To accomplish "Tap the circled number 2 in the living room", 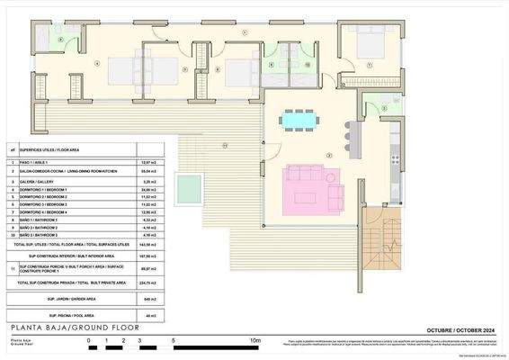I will tap(330, 155).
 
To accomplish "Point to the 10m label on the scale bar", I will tap(255, 341).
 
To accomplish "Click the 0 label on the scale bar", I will tap(88, 341).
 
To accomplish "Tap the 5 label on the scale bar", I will tap(173, 341).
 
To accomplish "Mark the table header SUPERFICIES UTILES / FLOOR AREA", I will tap(52, 149).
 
